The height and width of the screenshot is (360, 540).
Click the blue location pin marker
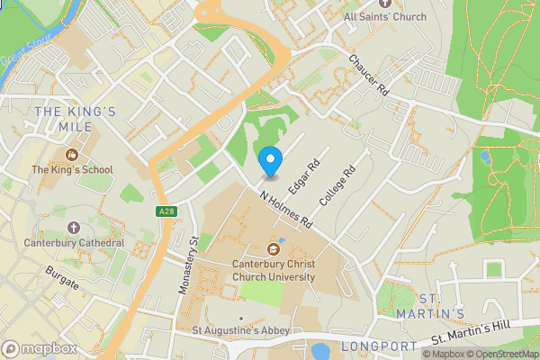269,162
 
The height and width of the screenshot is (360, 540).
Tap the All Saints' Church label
384,16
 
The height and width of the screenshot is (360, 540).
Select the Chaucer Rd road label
369,76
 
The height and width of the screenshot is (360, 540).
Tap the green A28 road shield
164,211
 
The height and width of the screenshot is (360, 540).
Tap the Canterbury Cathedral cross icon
74,227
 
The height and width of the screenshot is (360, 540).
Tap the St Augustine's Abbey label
240,330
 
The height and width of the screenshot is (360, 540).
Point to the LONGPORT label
379,346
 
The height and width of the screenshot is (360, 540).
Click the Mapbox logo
39,348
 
